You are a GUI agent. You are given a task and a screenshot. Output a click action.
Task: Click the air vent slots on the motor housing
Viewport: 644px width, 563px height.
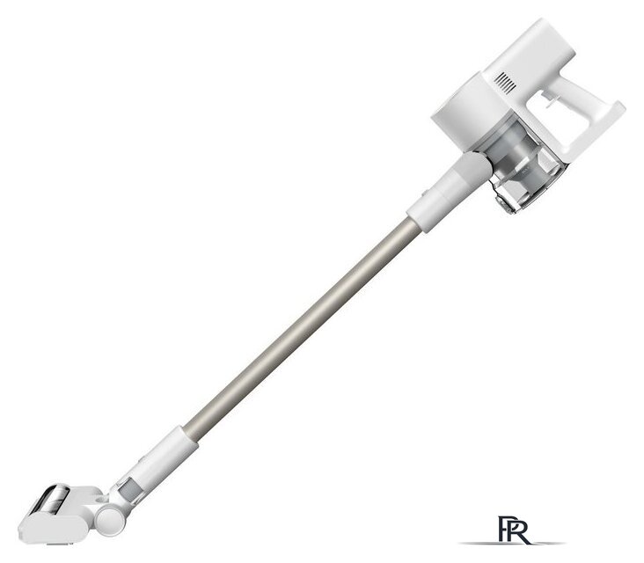point(505,83)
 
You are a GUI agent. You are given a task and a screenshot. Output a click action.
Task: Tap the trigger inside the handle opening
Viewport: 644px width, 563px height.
point(548,99)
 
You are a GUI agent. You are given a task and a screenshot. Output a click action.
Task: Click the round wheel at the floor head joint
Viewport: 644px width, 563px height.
point(110,519)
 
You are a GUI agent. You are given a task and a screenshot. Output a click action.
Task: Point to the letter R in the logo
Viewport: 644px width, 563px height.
point(519,531)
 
